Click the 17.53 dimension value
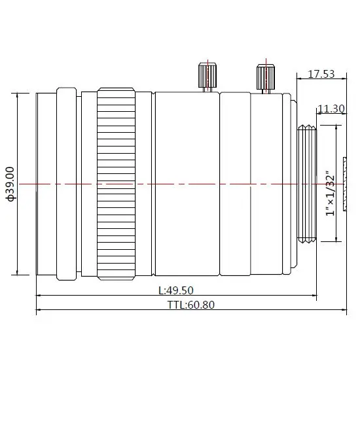coord(321,74)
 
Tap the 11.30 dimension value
coord(331,109)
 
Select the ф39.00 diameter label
coord(10,184)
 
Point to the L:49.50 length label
coord(176,290)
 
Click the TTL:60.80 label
coord(191,305)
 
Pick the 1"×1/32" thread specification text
coord(331,194)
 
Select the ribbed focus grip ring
coord(116,184)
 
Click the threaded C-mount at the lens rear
coord(307,184)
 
